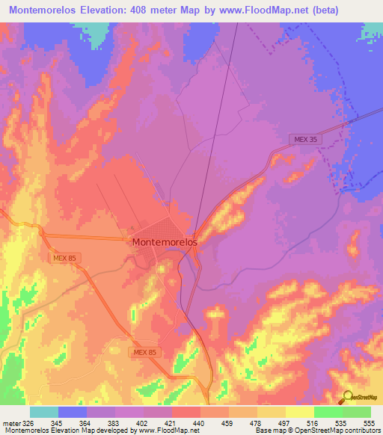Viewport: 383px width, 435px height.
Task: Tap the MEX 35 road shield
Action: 303,139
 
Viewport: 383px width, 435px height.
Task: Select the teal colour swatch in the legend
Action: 44,412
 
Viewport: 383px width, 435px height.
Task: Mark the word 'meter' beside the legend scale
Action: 11,422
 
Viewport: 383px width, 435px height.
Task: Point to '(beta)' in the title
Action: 318,10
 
